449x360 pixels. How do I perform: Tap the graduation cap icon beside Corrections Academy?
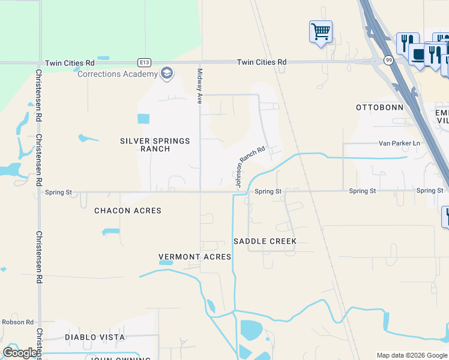[167, 74]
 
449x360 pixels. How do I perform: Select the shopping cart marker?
[321, 31]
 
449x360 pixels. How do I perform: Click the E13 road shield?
[143, 62]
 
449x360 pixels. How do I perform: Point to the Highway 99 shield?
[390, 59]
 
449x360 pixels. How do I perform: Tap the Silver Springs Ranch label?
[155, 145]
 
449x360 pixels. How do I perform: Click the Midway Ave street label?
[200, 86]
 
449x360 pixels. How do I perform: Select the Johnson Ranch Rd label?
[250, 168]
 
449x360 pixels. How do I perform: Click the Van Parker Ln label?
[399, 143]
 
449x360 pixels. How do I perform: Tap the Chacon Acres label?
[128, 211]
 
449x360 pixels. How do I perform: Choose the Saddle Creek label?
[265, 241]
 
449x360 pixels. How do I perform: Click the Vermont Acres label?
[194, 257]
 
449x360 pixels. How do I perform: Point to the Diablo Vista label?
[95, 337]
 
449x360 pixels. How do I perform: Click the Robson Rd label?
[17, 322]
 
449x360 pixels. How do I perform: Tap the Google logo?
[20, 353]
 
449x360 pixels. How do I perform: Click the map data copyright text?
[411, 355]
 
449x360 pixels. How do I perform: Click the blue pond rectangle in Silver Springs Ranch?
[143, 118]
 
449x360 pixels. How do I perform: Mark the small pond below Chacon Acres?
[110, 232]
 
